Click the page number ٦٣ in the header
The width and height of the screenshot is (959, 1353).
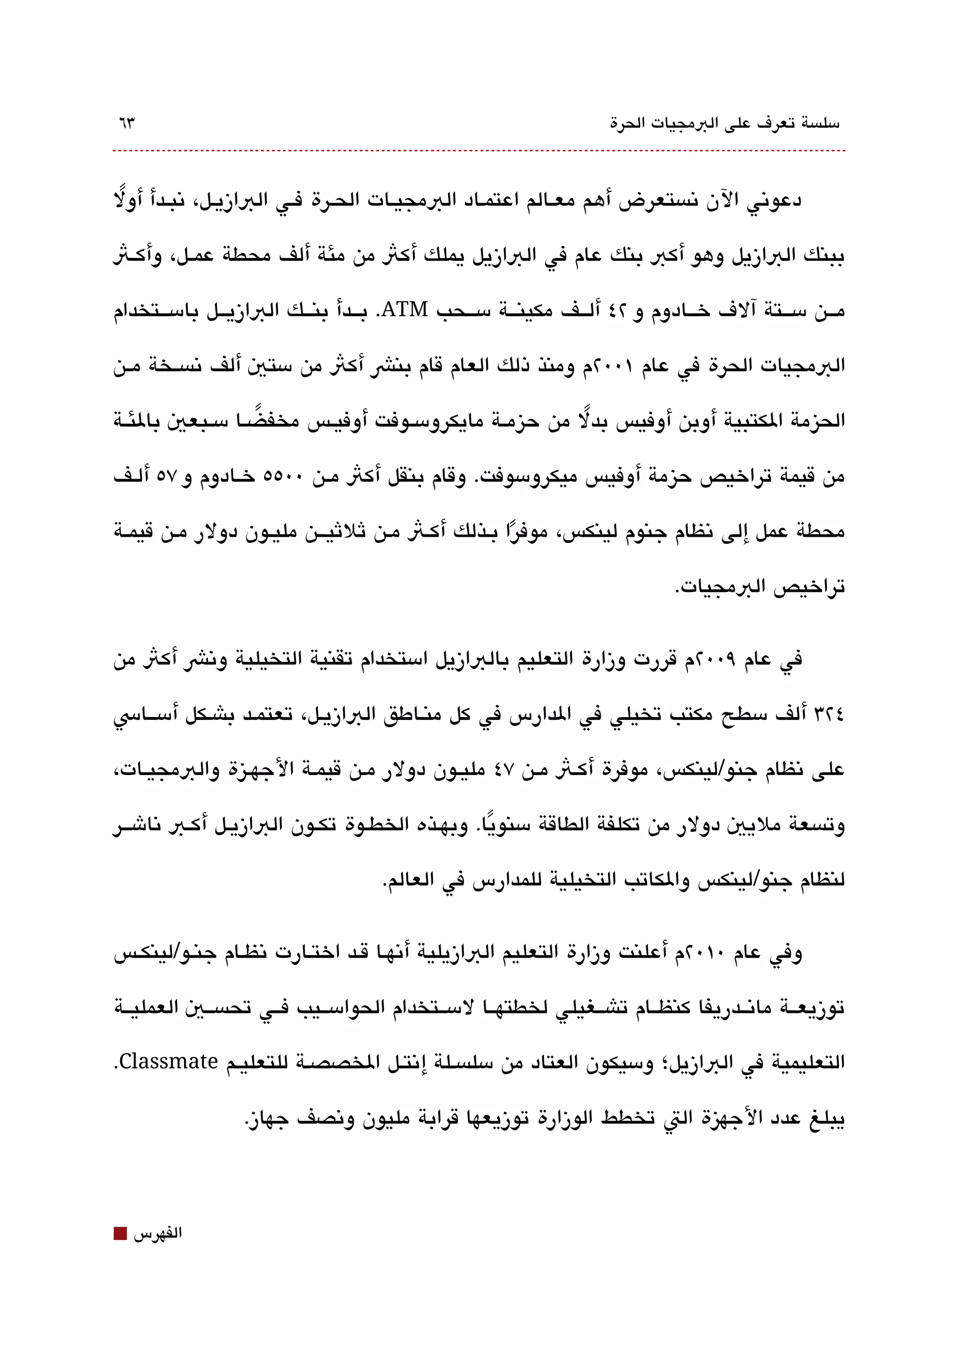pos(126,124)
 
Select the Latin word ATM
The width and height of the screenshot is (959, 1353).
pos(405,310)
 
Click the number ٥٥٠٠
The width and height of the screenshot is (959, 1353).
pos(282,476)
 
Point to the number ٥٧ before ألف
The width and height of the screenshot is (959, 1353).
pos(167,476)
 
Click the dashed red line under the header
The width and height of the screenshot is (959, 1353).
pos(478,151)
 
